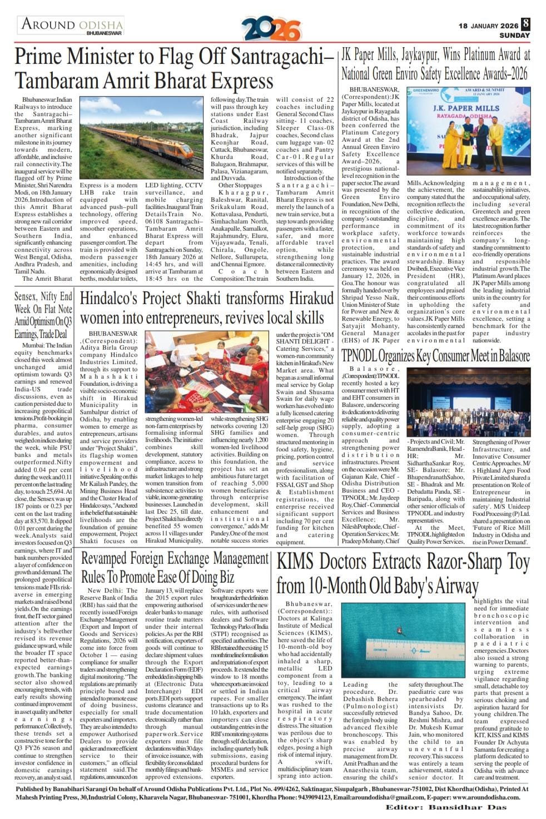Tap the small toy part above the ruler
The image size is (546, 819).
tap(399, 629)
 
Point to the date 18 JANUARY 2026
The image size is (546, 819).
tap(488, 26)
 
